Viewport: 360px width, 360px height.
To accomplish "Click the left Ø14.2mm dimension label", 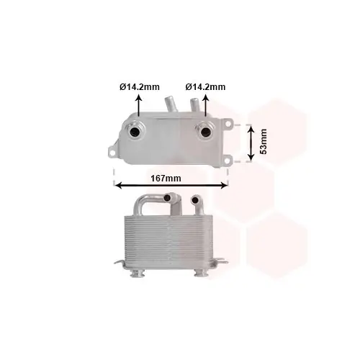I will coord(139,87).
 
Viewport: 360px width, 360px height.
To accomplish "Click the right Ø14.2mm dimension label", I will coord(205,87).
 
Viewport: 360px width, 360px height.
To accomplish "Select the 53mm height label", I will coord(264,141).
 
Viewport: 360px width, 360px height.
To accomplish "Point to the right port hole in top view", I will coord(204,132).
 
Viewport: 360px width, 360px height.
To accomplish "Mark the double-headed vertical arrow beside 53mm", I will coord(251,140).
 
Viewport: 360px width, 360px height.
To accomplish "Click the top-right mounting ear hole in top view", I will coord(229,124).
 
